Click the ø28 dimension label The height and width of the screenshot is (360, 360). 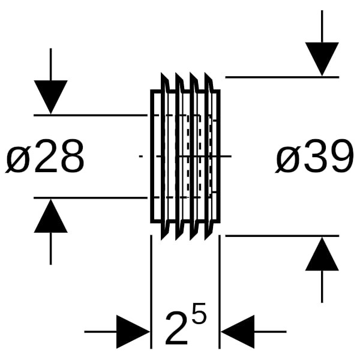[x=45, y=157]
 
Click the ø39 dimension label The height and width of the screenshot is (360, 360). [x=314, y=157]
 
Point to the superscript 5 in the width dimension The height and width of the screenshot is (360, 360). [x=200, y=313]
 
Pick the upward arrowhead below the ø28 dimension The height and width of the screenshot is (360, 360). [x=50, y=217]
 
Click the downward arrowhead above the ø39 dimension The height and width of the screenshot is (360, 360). [x=322, y=59]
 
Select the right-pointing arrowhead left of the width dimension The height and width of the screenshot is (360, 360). [x=133, y=331]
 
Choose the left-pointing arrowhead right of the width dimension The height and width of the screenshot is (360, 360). [x=238, y=331]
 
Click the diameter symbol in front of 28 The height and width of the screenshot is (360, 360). [x=18, y=158]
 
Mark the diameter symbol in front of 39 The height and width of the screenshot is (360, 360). [x=287, y=158]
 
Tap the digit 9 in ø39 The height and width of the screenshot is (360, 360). [x=339, y=157]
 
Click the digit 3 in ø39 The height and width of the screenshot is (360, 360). [x=313, y=157]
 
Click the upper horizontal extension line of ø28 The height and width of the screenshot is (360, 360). [x=90, y=115]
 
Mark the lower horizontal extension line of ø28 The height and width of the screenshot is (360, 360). [x=90, y=197]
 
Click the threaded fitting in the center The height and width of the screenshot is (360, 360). [x=185, y=156]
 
